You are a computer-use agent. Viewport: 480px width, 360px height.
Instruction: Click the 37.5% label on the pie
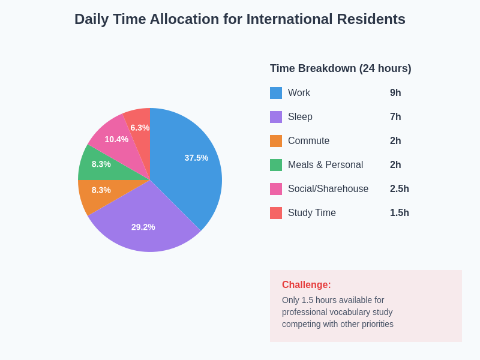(x=196, y=158)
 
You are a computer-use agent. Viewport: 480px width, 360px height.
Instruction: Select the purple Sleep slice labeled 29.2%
(x=143, y=227)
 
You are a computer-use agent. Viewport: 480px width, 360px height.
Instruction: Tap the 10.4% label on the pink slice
(x=116, y=139)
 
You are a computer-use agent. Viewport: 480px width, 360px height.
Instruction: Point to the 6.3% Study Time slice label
(x=140, y=128)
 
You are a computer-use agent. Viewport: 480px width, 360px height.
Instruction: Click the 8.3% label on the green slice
(x=101, y=164)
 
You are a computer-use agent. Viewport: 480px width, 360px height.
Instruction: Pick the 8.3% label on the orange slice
(x=101, y=190)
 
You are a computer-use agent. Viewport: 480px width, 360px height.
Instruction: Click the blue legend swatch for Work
(x=276, y=93)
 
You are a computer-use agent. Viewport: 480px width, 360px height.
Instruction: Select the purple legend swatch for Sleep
(x=276, y=117)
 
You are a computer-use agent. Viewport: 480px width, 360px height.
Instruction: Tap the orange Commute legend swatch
(x=276, y=141)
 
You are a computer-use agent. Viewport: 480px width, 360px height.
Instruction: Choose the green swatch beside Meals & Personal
(x=276, y=165)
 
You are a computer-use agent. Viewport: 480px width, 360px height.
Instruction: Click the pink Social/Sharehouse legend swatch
(x=276, y=189)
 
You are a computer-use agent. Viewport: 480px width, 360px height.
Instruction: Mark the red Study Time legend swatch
(x=276, y=213)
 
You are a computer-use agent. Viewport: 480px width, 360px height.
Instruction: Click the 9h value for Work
(x=395, y=93)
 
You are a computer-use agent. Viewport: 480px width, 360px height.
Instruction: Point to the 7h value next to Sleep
(x=395, y=117)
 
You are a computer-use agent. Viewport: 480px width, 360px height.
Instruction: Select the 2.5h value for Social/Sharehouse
(x=400, y=189)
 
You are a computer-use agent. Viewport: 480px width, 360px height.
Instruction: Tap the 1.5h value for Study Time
(x=400, y=213)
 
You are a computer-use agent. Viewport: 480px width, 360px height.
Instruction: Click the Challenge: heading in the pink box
(x=306, y=285)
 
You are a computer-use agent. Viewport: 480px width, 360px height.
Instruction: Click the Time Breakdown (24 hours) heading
(x=340, y=68)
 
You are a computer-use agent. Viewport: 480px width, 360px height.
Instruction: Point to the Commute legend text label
(x=308, y=141)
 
